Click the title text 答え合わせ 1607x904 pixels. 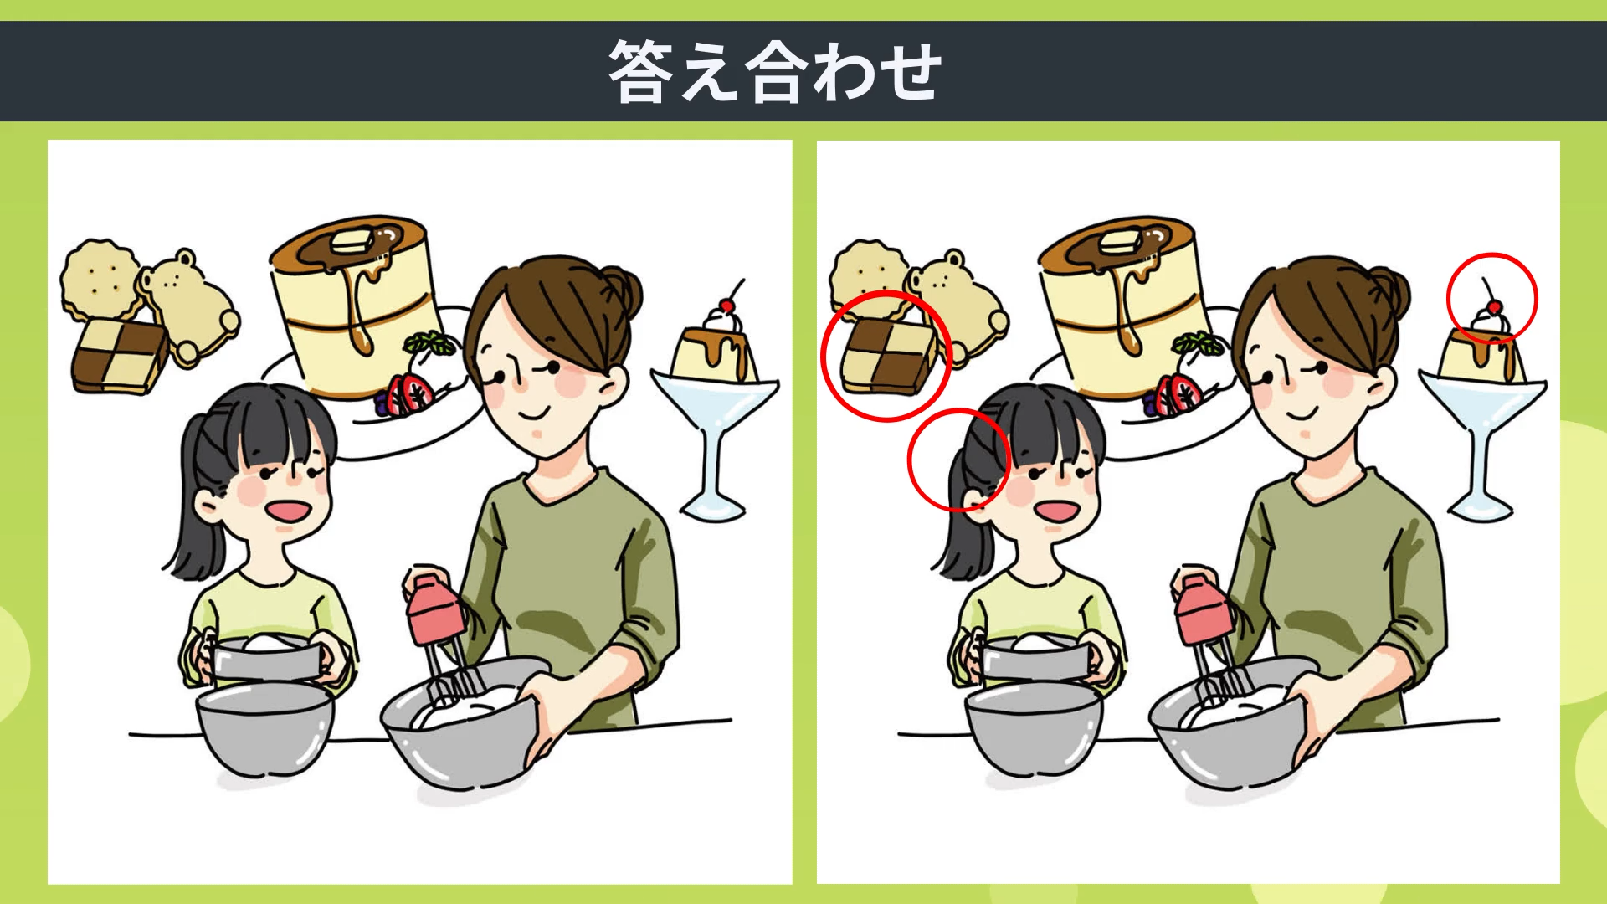(775, 72)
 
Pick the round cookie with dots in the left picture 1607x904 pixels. (100, 280)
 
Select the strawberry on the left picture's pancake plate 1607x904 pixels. (413, 393)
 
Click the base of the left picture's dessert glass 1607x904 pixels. (712, 506)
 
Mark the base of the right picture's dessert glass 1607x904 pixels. (1481, 506)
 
